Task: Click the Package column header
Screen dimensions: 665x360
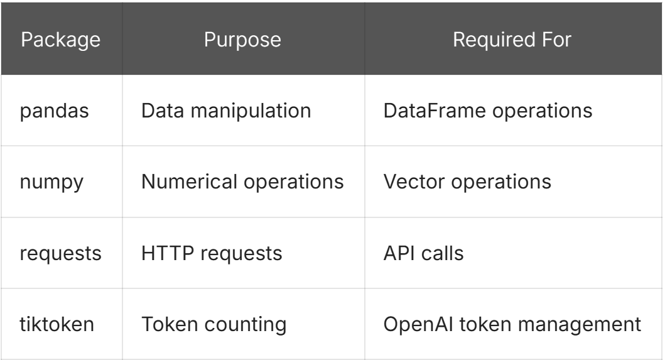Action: tap(61, 40)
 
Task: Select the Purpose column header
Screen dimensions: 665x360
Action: tap(243, 40)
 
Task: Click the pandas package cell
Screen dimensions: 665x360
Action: tap(61, 111)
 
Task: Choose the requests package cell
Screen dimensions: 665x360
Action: tap(61, 254)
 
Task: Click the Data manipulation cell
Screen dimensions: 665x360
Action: tap(226, 111)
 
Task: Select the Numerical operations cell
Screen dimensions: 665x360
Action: tap(242, 182)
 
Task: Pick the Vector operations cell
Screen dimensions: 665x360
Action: tap(467, 182)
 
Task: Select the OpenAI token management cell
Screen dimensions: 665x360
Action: tap(512, 325)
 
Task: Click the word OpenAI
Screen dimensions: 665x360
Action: tap(410, 325)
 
